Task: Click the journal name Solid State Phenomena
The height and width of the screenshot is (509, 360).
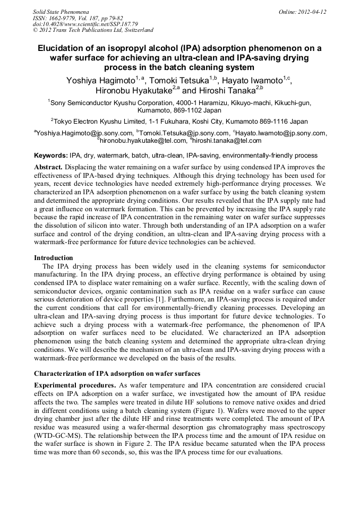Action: point(61,12)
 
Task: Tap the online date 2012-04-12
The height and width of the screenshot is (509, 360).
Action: point(312,12)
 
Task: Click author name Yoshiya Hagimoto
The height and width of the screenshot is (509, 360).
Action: point(100,81)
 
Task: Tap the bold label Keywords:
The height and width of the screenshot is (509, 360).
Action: point(51,156)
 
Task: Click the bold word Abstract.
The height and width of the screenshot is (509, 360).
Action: point(49,167)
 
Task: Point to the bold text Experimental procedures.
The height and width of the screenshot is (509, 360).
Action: point(75,385)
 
